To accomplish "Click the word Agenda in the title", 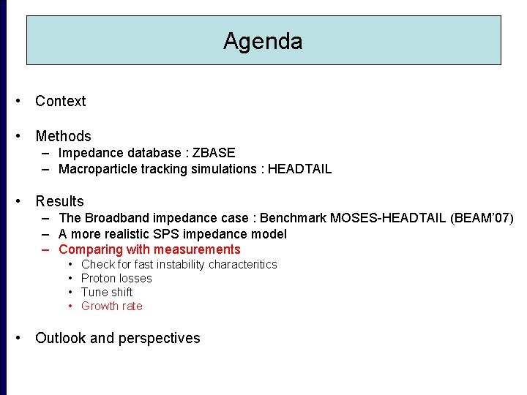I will click(263, 41).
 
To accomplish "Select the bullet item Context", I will click(60, 101).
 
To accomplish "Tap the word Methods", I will click(63, 136).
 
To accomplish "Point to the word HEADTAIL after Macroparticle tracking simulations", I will click(299, 169).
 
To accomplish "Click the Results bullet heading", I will click(59, 201).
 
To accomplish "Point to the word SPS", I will click(190, 234).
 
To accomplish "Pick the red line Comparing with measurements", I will click(149, 249).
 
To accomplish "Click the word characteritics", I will click(242, 264).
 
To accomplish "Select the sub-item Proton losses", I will click(116, 278).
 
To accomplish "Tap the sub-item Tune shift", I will click(107, 292).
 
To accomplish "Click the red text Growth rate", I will click(111, 306).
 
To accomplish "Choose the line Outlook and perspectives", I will click(117, 338).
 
